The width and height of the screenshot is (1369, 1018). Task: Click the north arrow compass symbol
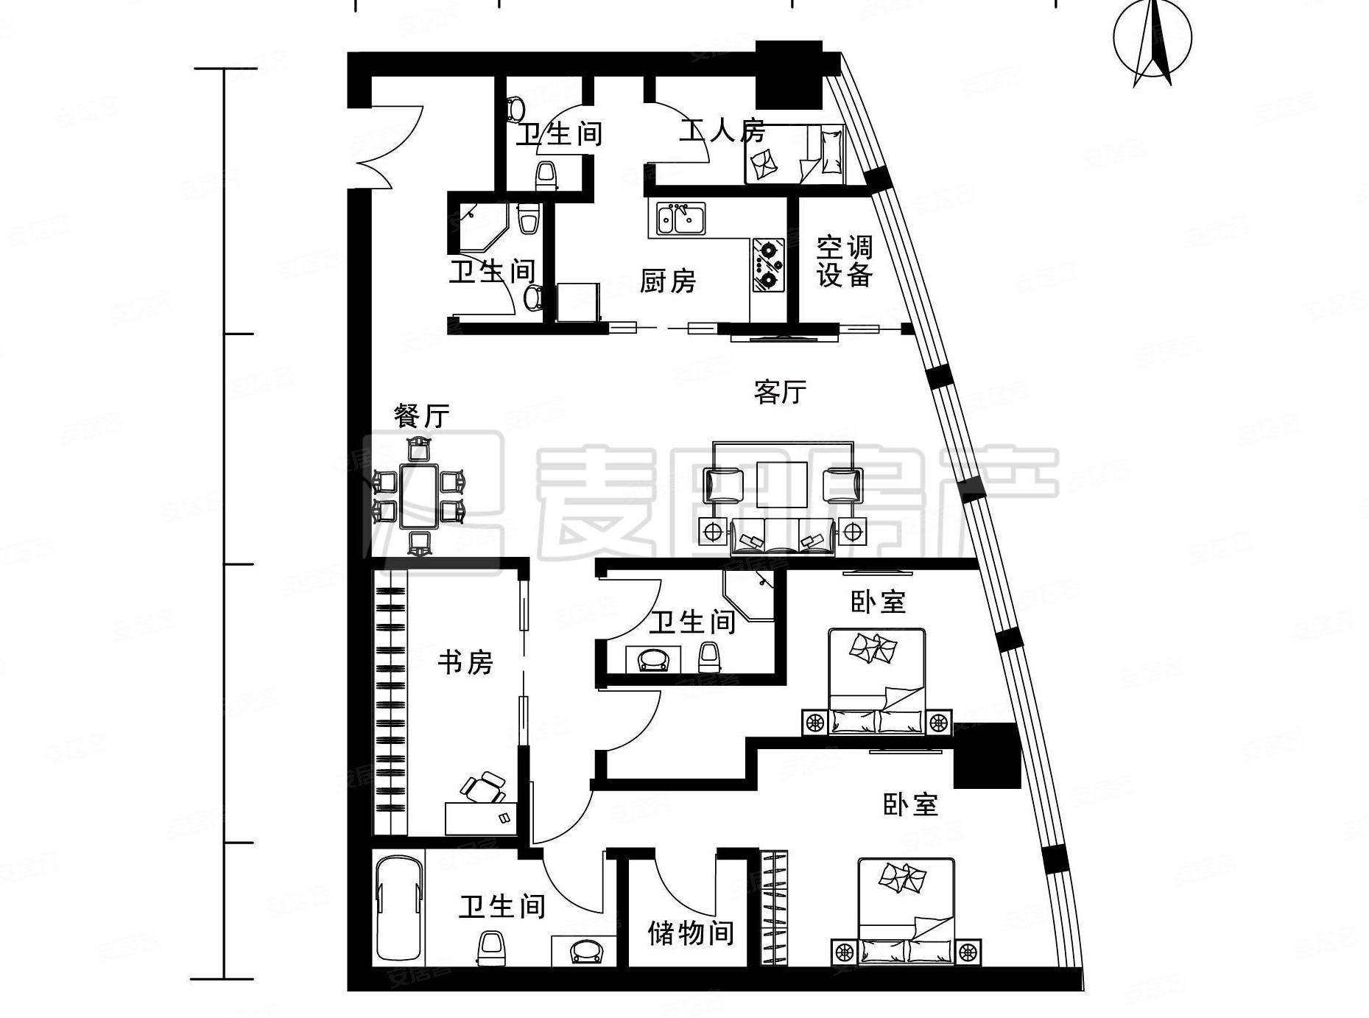click(x=1152, y=41)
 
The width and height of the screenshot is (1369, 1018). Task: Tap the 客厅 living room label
click(x=780, y=392)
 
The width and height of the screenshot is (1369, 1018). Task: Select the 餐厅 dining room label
click(x=421, y=416)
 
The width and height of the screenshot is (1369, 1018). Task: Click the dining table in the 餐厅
click(x=419, y=496)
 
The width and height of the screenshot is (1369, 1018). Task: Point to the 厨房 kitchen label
click(x=667, y=281)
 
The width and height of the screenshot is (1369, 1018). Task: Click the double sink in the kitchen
click(x=680, y=220)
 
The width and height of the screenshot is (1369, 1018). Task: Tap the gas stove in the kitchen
click(x=769, y=264)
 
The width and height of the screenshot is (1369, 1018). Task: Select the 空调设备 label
click(x=844, y=261)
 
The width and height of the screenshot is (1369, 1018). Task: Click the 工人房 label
click(x=722, y=131)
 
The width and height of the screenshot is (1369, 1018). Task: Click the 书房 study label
click(x=465, y=662)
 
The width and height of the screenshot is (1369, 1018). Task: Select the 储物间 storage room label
click(x=691, y=933)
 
